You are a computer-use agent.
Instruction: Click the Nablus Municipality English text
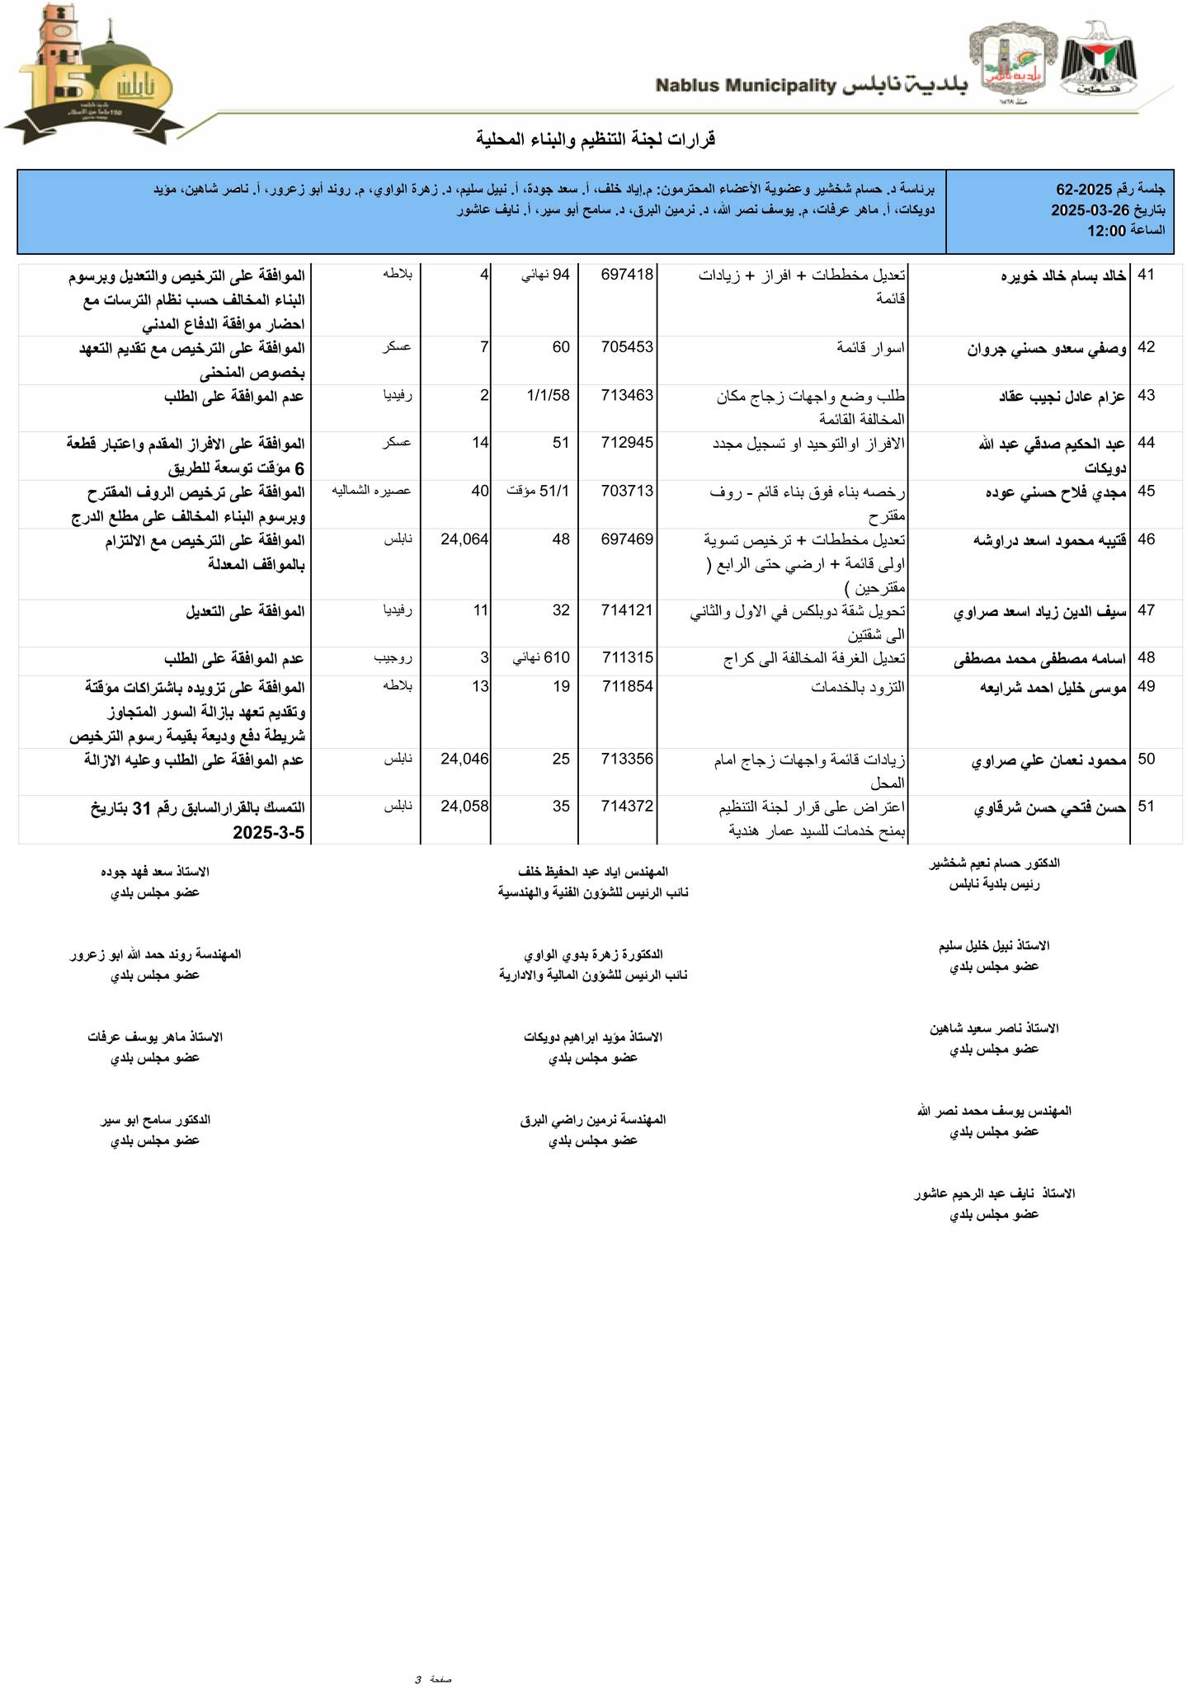pos(746,85)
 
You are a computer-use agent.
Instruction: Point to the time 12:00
pos(1107,231)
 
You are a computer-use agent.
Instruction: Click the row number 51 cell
pos(1146,807)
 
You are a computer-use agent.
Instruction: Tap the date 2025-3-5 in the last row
pos(269,833)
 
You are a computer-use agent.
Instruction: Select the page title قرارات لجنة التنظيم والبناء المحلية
pos(596,139)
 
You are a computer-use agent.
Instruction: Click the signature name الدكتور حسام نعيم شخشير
pos(994,863)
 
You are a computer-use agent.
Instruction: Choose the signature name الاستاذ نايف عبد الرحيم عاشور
pos(994,1193)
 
